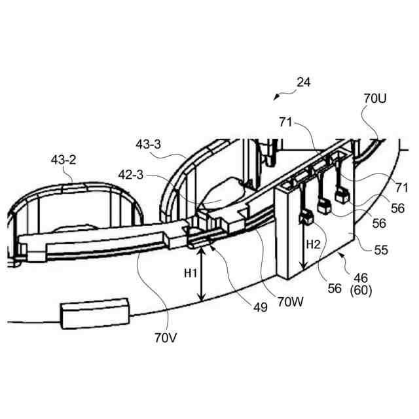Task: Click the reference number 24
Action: click(x=303, y=82)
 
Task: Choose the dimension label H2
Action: click(x=314, y=245)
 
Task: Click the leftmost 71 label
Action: click(x=285, y=122)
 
